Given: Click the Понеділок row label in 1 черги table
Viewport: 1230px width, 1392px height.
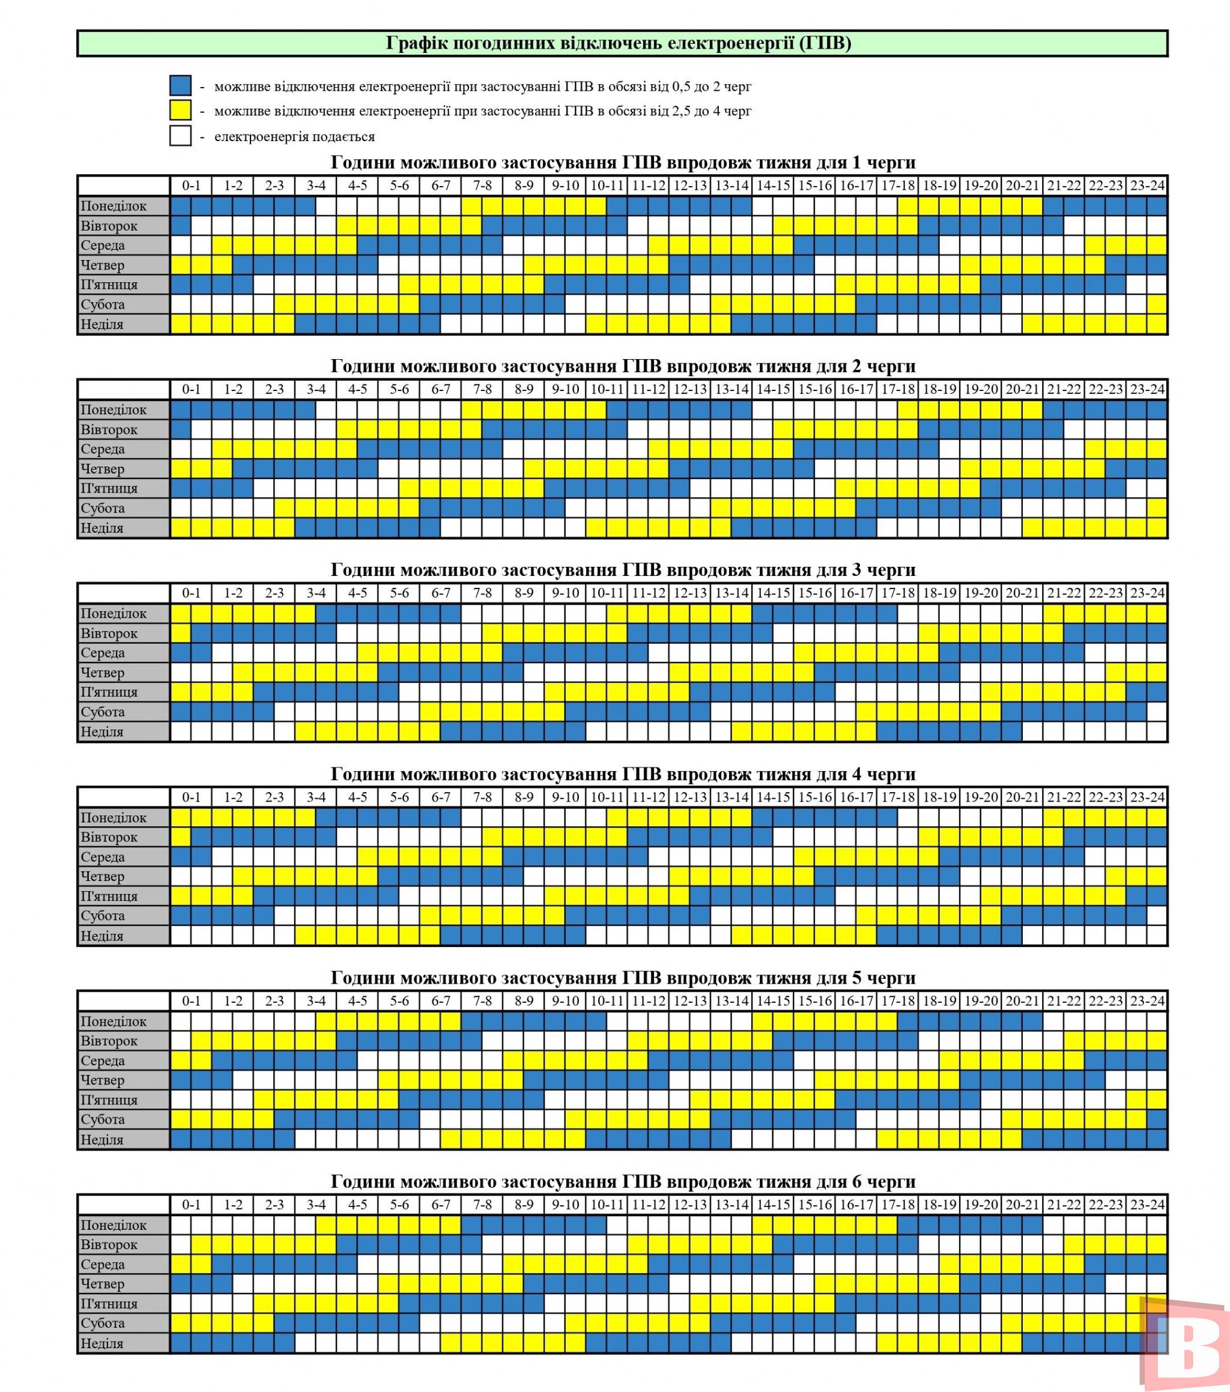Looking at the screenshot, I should click(114, 205).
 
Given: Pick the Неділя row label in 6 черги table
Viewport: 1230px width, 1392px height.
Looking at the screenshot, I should click(102, 1343).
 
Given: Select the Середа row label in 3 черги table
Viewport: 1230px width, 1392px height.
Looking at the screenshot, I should click(103, 652).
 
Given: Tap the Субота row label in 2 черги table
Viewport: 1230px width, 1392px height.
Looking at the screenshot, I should click(103, 508).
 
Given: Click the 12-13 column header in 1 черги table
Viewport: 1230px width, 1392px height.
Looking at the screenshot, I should click(690, 185).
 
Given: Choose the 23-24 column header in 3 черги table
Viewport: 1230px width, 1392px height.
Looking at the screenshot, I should click(1147, 593).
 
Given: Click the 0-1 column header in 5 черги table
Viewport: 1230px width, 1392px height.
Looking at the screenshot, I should click(192, 1000).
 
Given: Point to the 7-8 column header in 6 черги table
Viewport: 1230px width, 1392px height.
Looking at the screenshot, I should click(482, 1204).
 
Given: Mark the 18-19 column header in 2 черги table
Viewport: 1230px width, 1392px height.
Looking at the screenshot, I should click(939, 390).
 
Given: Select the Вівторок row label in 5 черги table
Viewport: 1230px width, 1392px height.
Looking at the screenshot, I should click(109, 1041).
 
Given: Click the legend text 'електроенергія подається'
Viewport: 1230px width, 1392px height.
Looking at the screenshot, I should click(294, 136).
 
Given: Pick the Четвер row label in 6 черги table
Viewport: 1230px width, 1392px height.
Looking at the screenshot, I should click(103, 1284).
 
